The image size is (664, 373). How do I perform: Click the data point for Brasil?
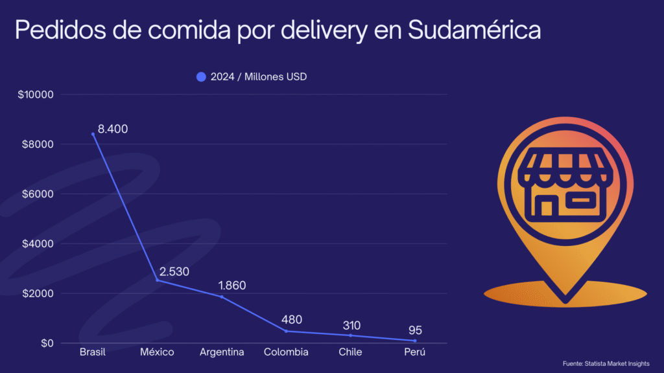[93, 134]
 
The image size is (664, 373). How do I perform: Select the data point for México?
[157, 280]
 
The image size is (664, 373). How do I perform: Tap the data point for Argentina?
[222, 297]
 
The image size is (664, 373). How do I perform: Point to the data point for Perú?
[415, 341]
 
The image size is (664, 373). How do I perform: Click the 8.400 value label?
[113, 129]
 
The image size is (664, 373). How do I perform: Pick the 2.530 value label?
[174, 271]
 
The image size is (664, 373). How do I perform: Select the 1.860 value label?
[231, 286]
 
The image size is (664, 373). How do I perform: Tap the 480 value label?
[292, 320]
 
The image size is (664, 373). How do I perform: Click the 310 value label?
[351, 325]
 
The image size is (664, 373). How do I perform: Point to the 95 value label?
[415, 331]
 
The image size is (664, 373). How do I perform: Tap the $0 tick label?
[46, 343]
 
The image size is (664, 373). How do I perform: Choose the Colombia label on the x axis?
[286, 352]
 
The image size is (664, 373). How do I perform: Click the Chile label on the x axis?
[350, 352]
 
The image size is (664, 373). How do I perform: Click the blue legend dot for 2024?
[201, 77]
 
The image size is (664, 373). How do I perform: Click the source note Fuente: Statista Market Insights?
[606, 363]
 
